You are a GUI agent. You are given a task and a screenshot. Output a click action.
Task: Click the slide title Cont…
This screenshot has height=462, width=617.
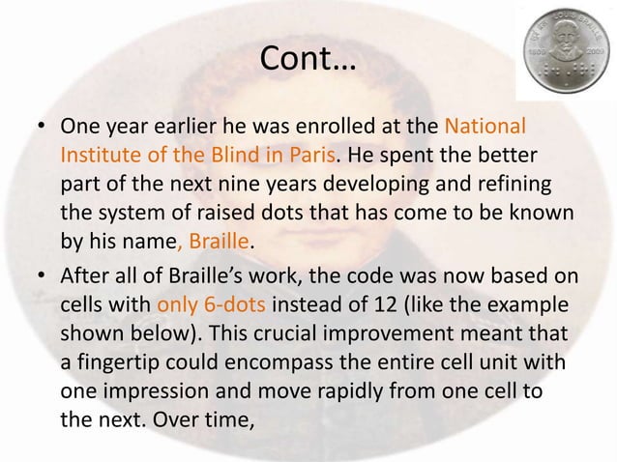coord(308,62)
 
